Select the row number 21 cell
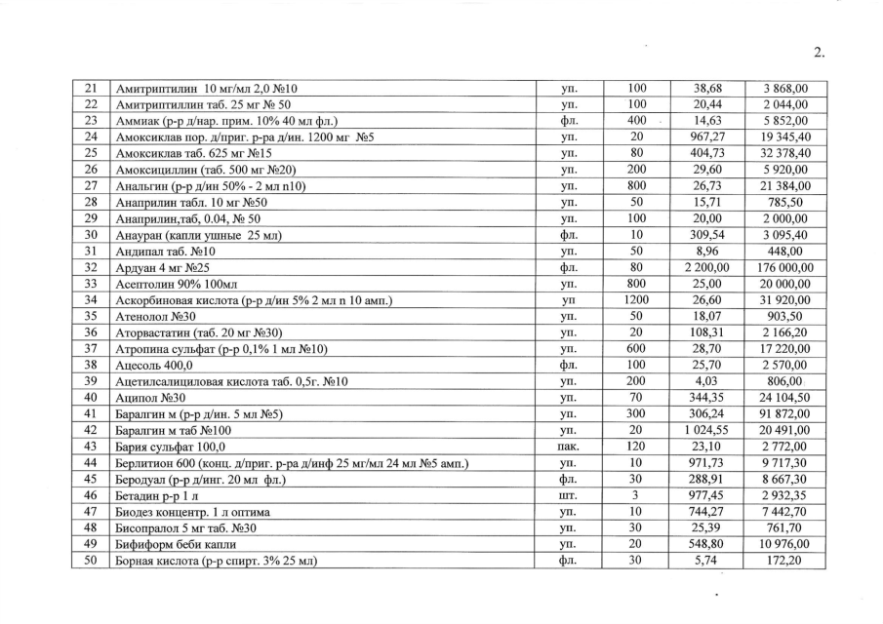pos(91,89)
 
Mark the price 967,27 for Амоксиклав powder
pos(702,137)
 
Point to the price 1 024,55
pos(702,430)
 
